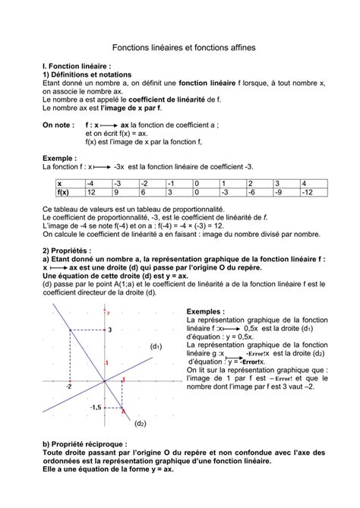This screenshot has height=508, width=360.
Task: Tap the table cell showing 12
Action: click(x=98, y=193)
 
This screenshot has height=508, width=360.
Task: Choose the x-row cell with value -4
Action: click(x=98, y=183)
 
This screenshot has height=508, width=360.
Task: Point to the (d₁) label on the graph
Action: click(x=157, y=346)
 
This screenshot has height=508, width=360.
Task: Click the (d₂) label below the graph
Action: click(x=140, y=423)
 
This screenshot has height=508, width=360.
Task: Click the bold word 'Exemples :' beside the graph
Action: click(x=205, y=311)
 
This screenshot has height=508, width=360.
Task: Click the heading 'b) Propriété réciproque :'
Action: click(x=84, y=443)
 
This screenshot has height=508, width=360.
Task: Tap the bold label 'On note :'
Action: click(x=59, y=124)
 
